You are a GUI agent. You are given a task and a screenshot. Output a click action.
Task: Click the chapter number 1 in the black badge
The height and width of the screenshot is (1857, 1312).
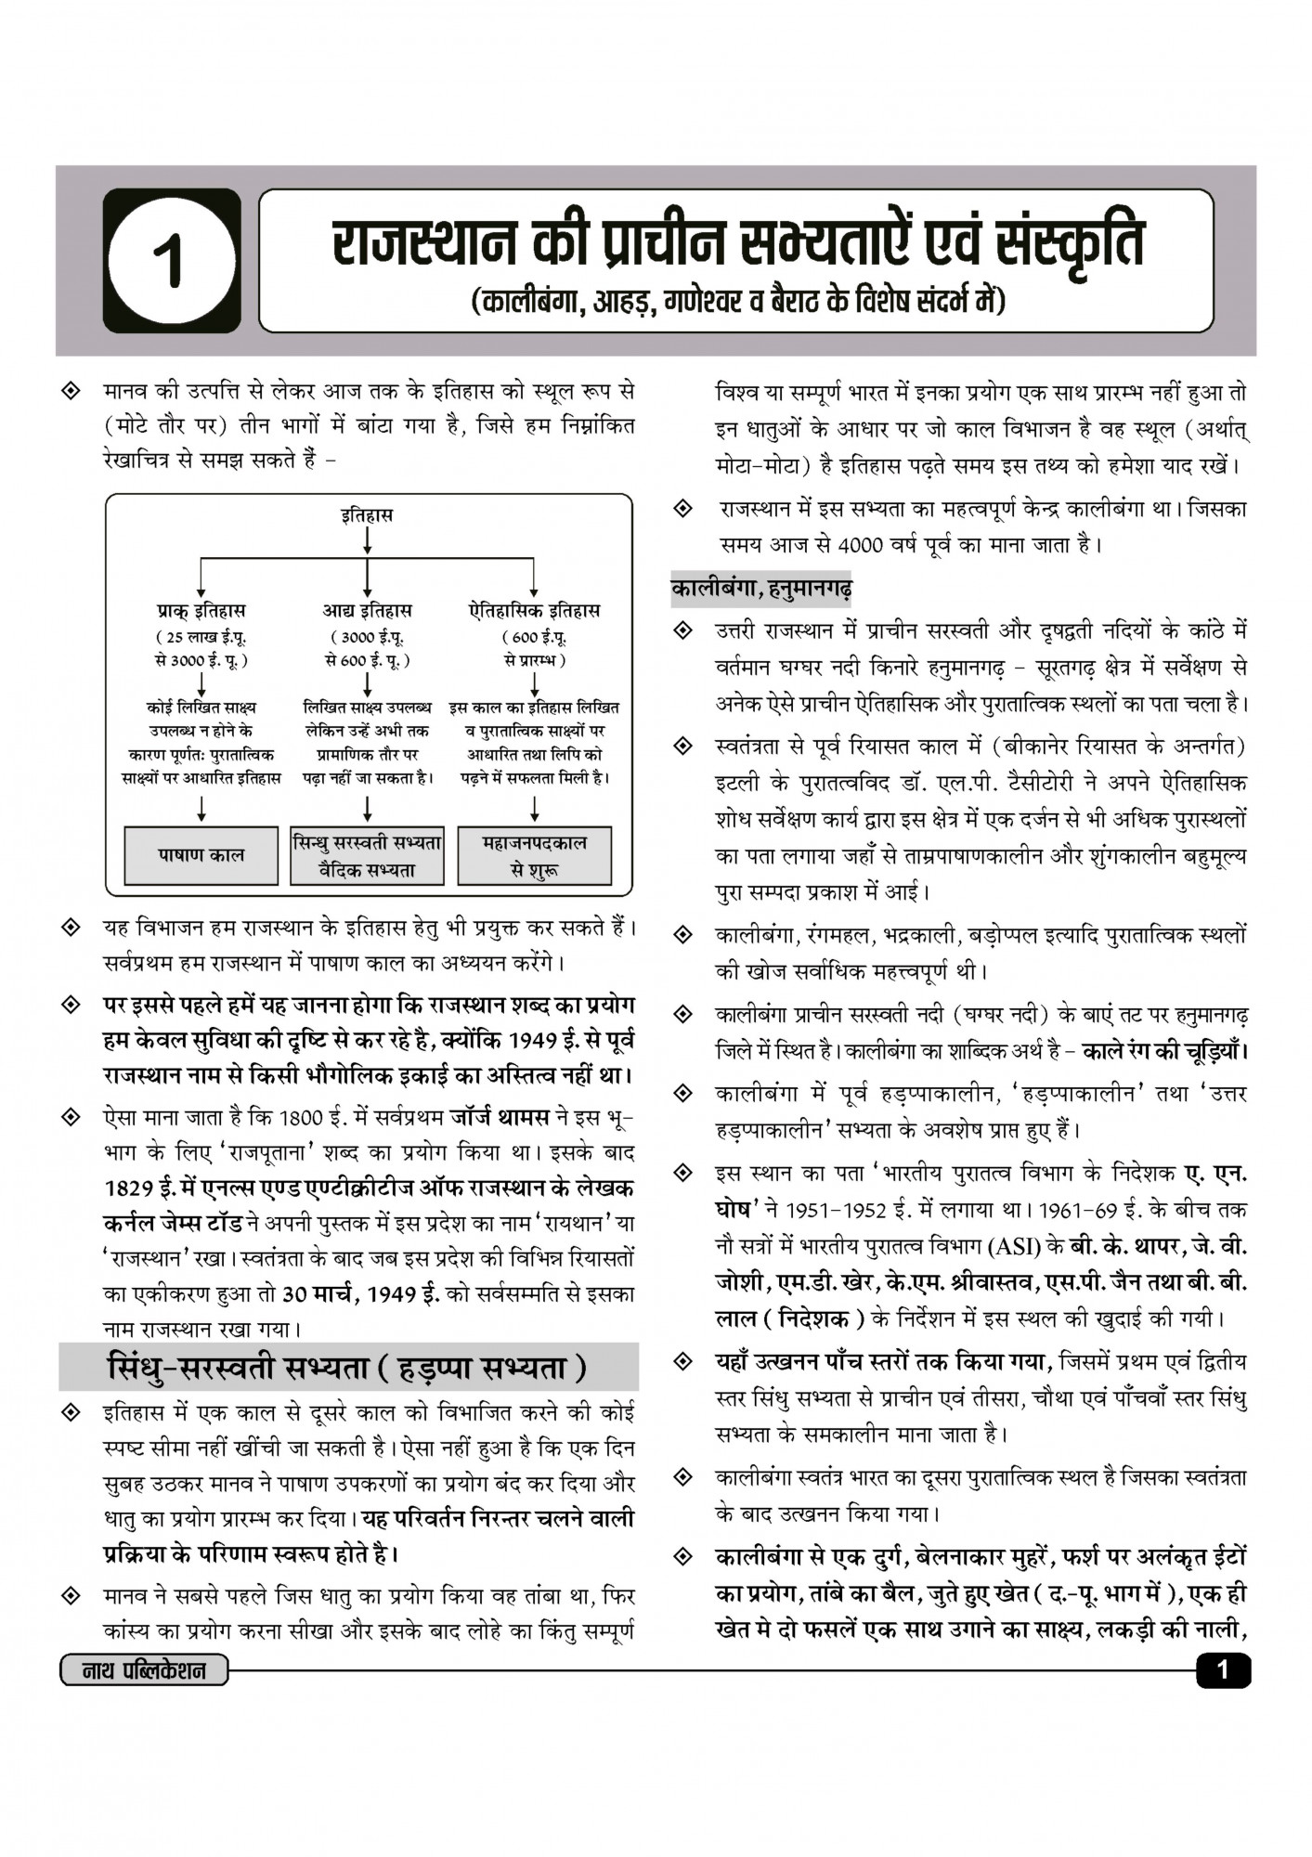pos(173,262)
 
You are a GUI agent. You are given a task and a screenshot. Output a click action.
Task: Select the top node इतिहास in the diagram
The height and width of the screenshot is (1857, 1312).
pos(367,514)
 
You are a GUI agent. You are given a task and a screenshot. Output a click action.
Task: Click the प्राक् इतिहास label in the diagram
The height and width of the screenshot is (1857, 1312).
pos(201,611)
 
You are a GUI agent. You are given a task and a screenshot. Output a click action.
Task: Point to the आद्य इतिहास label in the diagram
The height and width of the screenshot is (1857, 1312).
pos(367,611)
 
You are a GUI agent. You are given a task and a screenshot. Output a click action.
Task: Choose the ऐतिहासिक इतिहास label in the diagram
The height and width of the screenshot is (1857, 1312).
pos(535,611)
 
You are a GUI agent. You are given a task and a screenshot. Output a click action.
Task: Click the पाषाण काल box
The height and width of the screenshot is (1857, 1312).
pos(201,855)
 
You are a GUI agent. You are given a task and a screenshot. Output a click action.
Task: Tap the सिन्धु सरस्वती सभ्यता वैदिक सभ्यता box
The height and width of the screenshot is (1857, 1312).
pos(368,856)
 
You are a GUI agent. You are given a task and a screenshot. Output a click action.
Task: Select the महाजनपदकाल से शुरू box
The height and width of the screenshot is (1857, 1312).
pos(535,856)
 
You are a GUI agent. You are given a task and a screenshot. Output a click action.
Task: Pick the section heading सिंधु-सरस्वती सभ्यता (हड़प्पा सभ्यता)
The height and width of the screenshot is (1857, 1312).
pos(348,1368)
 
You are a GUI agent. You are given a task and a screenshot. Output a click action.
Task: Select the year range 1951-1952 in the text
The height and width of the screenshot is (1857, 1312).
pos(840,1211)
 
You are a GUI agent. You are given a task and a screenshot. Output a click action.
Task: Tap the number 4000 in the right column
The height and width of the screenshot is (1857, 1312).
pos(860,545)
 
